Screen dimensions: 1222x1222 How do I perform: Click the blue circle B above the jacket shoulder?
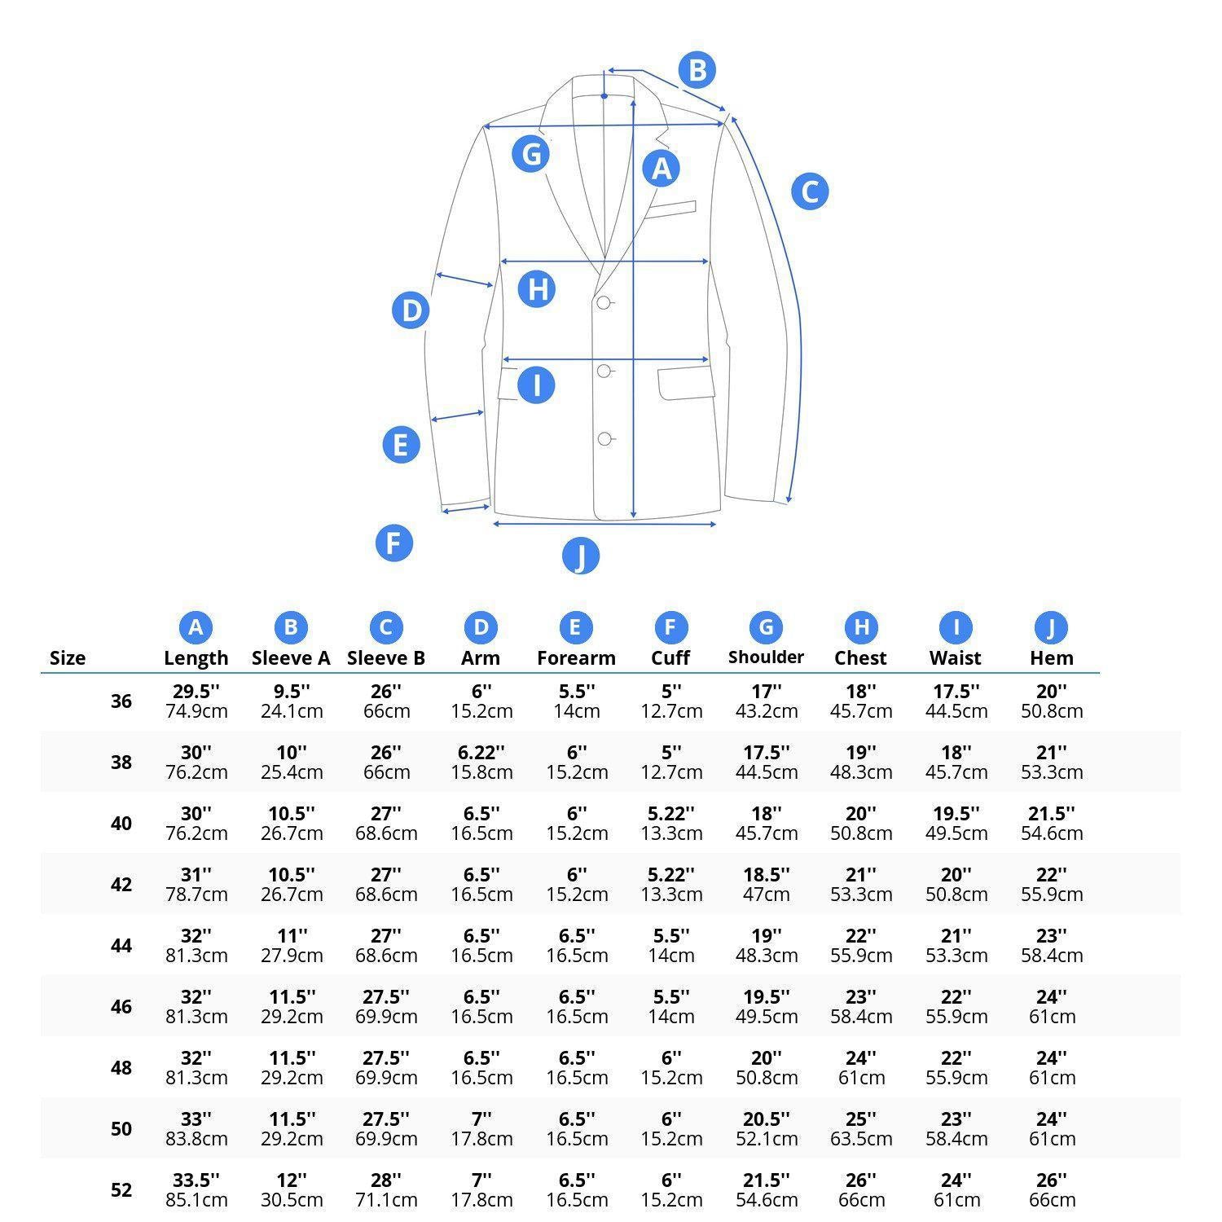[x=697, y=70]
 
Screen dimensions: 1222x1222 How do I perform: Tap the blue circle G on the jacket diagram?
[x=531, y=153]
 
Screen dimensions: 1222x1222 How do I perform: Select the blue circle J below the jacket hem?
[x=581, y=556]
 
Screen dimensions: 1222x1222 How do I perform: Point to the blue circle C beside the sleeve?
[x=810, y=191]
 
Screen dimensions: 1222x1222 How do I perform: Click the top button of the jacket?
[x=604, y=303]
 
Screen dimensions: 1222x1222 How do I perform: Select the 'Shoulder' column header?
[x=766, y=657]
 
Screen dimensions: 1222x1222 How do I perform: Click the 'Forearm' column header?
[x=576, y=658]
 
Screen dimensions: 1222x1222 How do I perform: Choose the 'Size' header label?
[x=68, y=658]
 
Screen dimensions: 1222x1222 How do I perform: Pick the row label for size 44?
[x=121, y=946]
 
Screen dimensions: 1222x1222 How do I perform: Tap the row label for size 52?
[x=121, y=1190]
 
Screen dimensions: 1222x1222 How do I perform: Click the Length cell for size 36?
[x=196, y=701]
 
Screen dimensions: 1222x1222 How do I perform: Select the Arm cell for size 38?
[x=481, y=763]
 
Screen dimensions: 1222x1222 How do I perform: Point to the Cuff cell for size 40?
[x=671, y=824]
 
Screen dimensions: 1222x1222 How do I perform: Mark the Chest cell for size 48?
[x=861, y=1068]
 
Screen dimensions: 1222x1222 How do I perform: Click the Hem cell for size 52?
[x=1052, y=1190]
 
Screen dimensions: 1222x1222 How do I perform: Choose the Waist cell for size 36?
[x=956, y=701]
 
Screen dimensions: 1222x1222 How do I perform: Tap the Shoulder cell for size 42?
[x=766, y=885]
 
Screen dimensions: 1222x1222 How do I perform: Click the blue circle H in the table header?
[x=861, y=627]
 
